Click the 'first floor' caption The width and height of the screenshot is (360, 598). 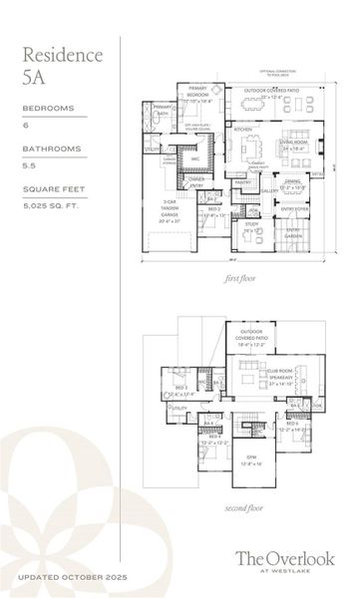(240, 280)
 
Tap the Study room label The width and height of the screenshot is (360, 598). (251, 225)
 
